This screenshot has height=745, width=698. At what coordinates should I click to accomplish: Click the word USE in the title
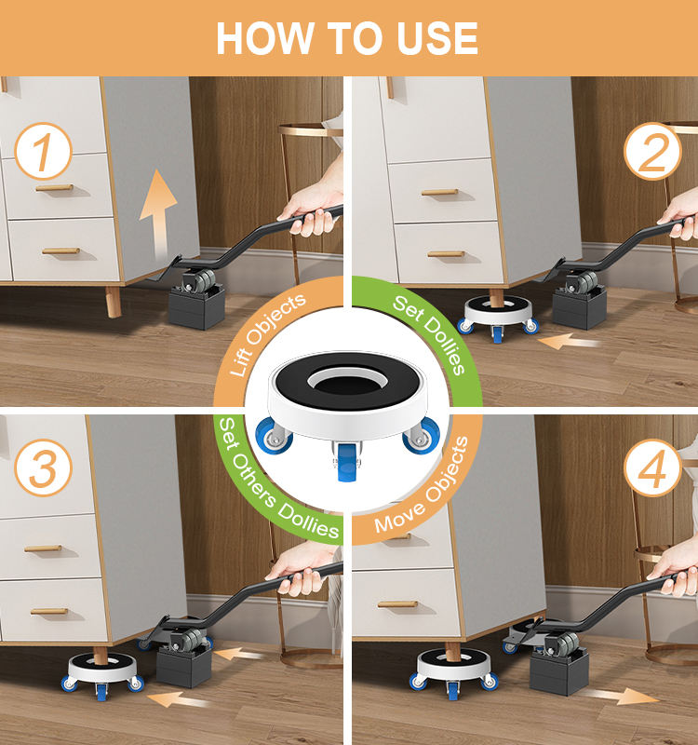436,38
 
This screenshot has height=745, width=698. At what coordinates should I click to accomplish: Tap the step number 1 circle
43,151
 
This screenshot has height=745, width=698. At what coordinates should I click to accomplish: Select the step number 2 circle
653,151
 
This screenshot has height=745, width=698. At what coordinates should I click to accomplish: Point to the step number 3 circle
43,468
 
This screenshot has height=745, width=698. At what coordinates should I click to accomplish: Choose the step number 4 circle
653,468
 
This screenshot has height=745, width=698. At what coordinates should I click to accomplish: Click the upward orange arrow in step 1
158,214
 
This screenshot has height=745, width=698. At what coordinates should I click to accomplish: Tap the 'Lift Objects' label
267,334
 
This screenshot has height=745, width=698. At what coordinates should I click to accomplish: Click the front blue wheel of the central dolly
347,462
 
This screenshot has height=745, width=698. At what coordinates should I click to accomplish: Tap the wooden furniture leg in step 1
114,302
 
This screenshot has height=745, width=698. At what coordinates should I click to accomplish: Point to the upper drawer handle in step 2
439,193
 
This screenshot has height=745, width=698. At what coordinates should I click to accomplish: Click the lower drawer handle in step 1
60,251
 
